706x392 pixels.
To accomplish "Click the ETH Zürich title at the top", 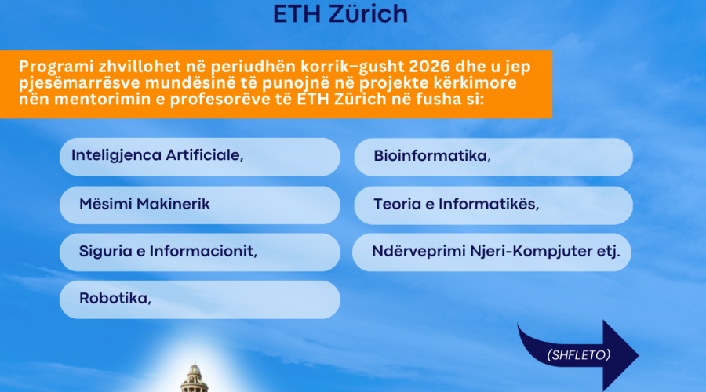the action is pos(340,13).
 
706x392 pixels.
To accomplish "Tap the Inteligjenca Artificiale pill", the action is pos(200,157).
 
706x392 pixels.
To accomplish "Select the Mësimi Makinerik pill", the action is pos(200,205).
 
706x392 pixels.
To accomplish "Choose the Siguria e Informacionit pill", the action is pos(200,252).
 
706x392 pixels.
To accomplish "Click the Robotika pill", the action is pos(200,299).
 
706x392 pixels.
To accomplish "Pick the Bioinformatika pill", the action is pos(493,157).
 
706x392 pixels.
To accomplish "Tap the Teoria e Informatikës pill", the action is pos(493,205).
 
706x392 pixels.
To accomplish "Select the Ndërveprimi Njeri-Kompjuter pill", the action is pos(492,252).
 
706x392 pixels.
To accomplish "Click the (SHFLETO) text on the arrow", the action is pos(579,355).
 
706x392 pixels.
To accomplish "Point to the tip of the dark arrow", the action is pos(639,356).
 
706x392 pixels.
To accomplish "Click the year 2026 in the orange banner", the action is pos(430,67).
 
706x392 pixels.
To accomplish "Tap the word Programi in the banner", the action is pos(56,67).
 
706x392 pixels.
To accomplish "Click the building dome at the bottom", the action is pos(194,372).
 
